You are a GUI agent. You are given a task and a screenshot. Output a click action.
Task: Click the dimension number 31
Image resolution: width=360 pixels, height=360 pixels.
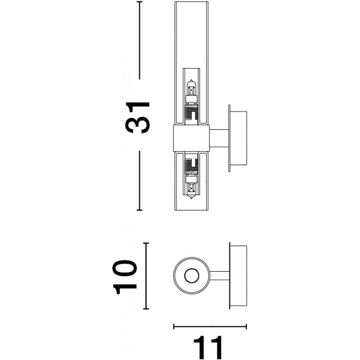point(137,117)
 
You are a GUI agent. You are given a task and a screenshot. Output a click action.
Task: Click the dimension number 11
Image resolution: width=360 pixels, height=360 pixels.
point(208,347)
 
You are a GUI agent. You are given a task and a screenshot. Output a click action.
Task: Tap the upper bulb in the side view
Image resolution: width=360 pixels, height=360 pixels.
point(191,91)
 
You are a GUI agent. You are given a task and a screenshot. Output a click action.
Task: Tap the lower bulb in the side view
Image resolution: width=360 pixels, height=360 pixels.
point(191,187)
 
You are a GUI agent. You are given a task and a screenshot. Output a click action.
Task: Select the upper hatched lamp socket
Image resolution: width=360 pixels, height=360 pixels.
point(191,114)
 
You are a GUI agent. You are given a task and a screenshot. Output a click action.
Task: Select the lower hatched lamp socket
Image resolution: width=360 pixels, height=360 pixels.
point(191,165)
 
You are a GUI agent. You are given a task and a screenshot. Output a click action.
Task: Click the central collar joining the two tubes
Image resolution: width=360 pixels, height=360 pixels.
point(191,138)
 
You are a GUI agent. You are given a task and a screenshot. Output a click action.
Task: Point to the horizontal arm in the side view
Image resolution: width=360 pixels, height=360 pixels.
point(219,138)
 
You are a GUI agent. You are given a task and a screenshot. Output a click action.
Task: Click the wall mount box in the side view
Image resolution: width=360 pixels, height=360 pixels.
point(238,138)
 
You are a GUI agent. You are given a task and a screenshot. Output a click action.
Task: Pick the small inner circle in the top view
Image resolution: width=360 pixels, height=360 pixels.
point(192,275)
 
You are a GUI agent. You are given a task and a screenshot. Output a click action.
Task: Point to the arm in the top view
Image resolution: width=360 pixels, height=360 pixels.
point(219,275)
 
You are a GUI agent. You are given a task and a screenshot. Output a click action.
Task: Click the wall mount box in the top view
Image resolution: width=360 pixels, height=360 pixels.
point(238,275)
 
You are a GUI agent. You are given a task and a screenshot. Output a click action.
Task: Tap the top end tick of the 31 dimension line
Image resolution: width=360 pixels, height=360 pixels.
point(139,2)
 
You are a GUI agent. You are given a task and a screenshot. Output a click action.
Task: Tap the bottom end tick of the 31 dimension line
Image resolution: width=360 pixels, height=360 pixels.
point(139,210)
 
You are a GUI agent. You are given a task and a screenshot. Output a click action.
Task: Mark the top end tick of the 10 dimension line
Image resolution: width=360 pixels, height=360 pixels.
point(146,243)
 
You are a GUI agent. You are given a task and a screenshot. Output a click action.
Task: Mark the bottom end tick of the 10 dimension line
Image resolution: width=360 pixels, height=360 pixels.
point(146,309)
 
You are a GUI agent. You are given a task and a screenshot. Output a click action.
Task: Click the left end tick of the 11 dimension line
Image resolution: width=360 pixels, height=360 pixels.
point(174,326)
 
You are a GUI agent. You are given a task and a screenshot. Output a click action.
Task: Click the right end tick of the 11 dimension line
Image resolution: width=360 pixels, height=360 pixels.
point(246,326)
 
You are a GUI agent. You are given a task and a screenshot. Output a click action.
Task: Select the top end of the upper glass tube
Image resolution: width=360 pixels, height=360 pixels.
point(191,2)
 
